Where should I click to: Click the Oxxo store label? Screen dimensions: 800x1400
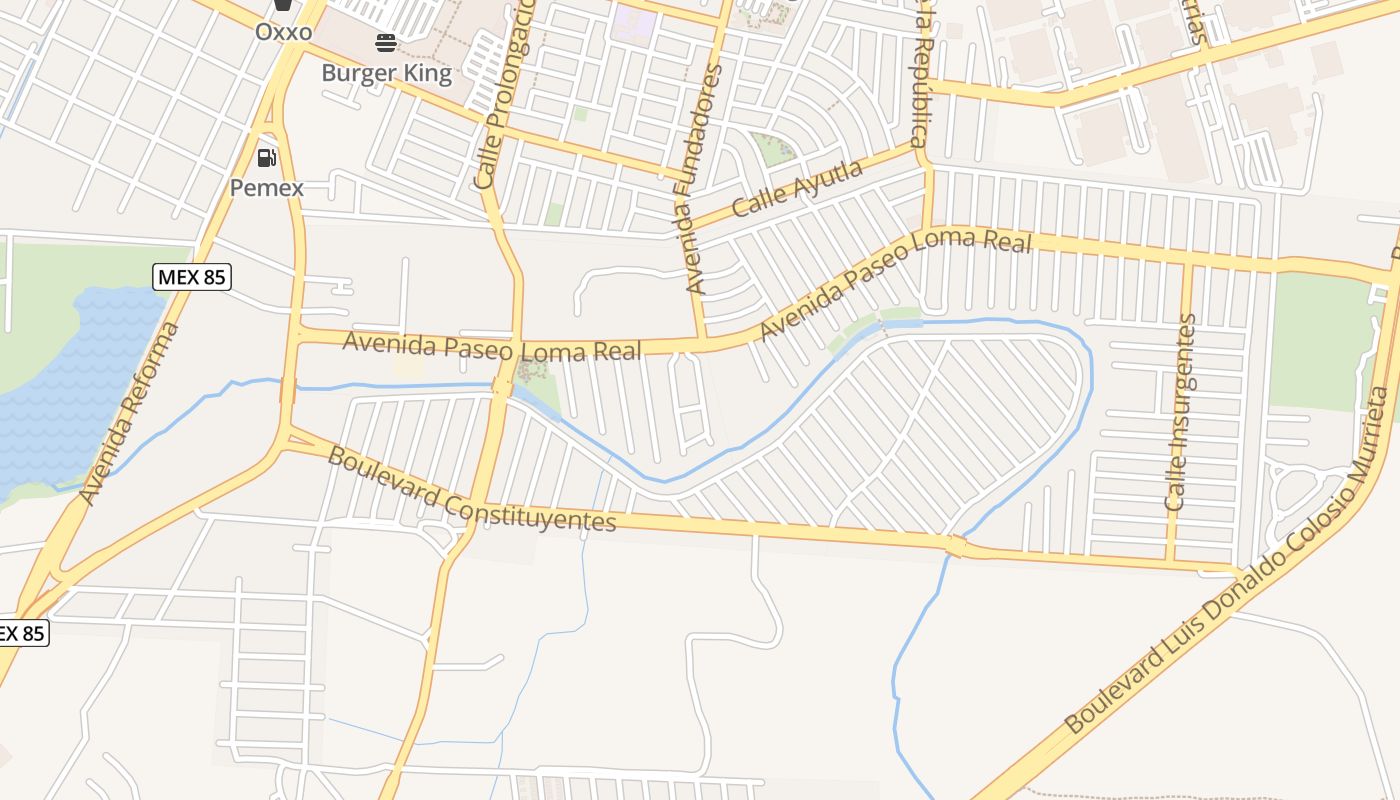283,31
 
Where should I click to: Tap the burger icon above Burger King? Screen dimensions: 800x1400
386,42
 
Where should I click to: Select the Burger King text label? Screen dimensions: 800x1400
386,73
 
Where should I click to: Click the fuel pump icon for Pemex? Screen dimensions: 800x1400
266,157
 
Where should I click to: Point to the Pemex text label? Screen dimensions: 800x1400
266,187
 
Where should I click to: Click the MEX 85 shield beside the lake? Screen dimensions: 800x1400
192,277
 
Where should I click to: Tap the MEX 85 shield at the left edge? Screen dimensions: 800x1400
20,633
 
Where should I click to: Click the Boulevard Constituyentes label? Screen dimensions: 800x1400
471,490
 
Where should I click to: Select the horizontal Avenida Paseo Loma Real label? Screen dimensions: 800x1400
491,347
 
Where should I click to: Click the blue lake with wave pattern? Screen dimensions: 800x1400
70,390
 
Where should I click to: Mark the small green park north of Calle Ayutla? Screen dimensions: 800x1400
773,148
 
